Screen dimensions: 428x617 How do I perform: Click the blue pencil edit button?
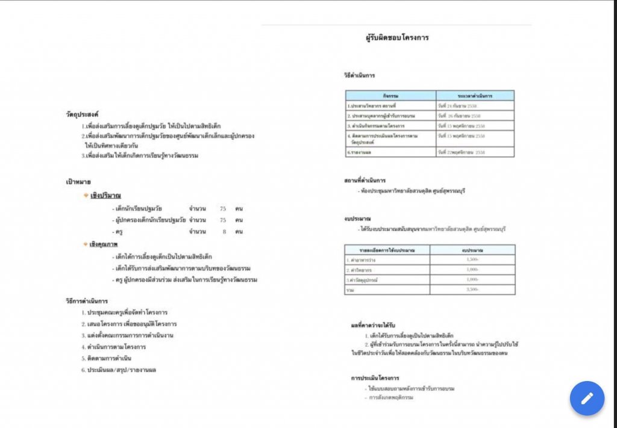pyautogui.click(x=587, y=398)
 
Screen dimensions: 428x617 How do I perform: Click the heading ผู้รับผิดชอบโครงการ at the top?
pyautogui.click(x=397, y=37)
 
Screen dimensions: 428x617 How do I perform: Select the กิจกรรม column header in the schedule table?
pyautogui.click(x=390, y=96)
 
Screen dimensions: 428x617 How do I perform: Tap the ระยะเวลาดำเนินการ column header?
pyautogui.click(x=475, y=96)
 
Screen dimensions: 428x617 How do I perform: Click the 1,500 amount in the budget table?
pyautogui.click(x=472, y=259)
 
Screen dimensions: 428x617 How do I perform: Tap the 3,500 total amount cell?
pyautogui.click(x=472, y=290)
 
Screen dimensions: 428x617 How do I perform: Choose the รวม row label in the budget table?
pyautogui.click(x=350, y=290)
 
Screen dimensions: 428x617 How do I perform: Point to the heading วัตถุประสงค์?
pyautogui.click(x=83, y=114)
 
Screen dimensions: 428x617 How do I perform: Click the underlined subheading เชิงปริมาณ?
pyautogui.click(x=105, y=196)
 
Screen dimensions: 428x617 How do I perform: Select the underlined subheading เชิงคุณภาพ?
pyautogui.click(x=104, y=245)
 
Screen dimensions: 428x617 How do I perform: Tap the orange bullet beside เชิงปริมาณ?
pyautogui.click(x=86, y=196)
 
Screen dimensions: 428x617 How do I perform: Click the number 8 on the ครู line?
pyautogui.click(x=224, y=231)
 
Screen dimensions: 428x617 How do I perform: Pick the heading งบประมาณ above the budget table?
pyautogui.click(x=357, y=218)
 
